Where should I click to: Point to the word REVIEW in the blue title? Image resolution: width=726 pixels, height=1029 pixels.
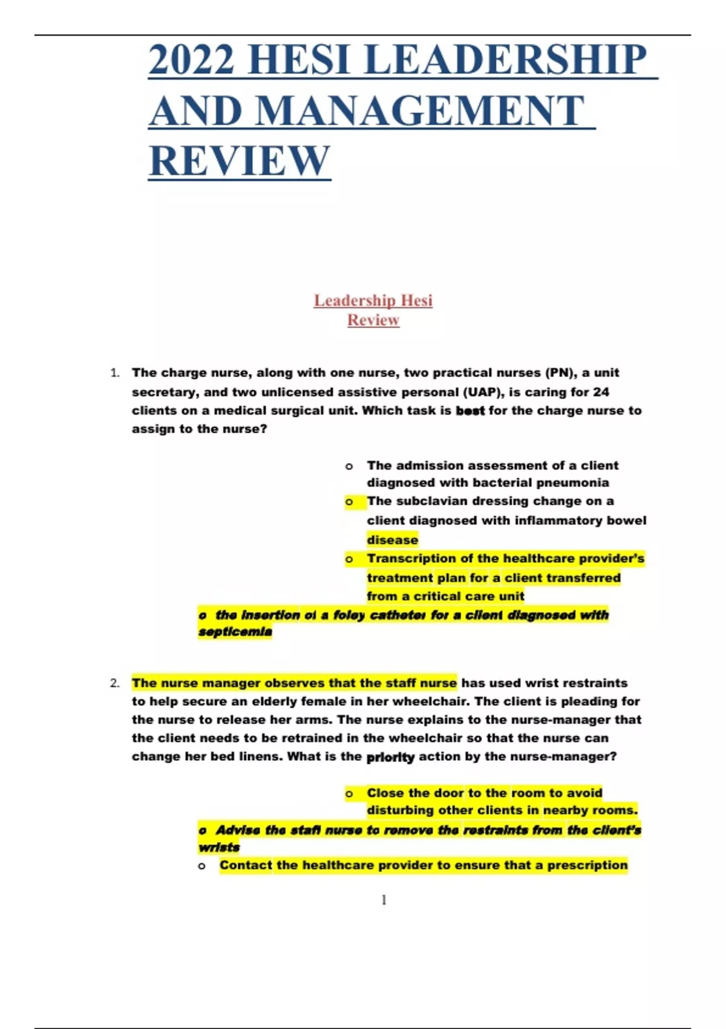point(240,161)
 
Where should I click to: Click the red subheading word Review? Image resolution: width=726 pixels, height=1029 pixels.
point(373,320)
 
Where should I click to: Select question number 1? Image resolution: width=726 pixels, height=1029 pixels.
point(115,373)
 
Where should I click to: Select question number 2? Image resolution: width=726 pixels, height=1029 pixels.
point(115,683)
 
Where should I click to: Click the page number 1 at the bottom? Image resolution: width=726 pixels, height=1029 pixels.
point(384,900)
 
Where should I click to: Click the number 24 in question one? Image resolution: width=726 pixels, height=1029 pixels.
point(601,392)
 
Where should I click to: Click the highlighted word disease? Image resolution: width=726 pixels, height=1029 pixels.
point(392,540)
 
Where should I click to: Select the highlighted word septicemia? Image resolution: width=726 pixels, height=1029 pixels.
point(235,632)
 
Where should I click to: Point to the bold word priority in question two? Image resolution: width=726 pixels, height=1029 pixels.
point(390,757)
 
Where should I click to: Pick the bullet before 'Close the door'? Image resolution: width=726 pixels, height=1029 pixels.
point(349,794)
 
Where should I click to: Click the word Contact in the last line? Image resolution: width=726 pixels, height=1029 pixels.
point(246,866)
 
